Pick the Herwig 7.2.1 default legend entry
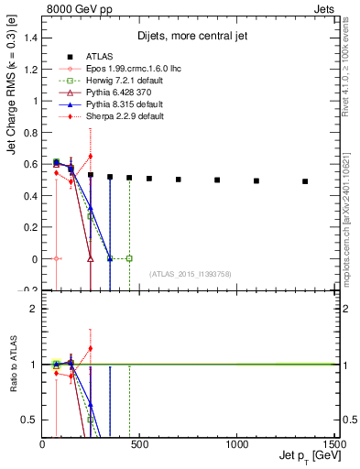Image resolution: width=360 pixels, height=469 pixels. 107,79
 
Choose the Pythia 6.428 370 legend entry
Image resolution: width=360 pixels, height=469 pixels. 104,91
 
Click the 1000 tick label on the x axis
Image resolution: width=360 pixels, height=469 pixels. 236,442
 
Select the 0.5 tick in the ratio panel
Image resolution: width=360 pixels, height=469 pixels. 31,420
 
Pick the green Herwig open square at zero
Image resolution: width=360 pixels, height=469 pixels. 129,259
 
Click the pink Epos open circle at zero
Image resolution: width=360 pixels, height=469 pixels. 56,259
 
